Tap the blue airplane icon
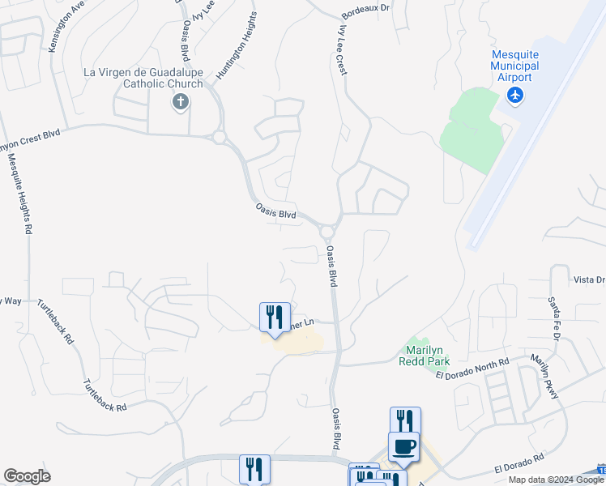pos(514,96)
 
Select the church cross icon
pos(180,101)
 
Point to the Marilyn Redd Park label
pos(423,356)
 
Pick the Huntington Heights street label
pos(237,46)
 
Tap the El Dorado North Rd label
pos(472,369)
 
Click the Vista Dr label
pos(589,280)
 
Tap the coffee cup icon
pos(404,446)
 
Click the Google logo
pos(27,476)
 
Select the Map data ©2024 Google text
pos(556,480)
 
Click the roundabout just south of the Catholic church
pos(220,138)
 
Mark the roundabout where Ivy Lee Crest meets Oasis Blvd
pos(327,232)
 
